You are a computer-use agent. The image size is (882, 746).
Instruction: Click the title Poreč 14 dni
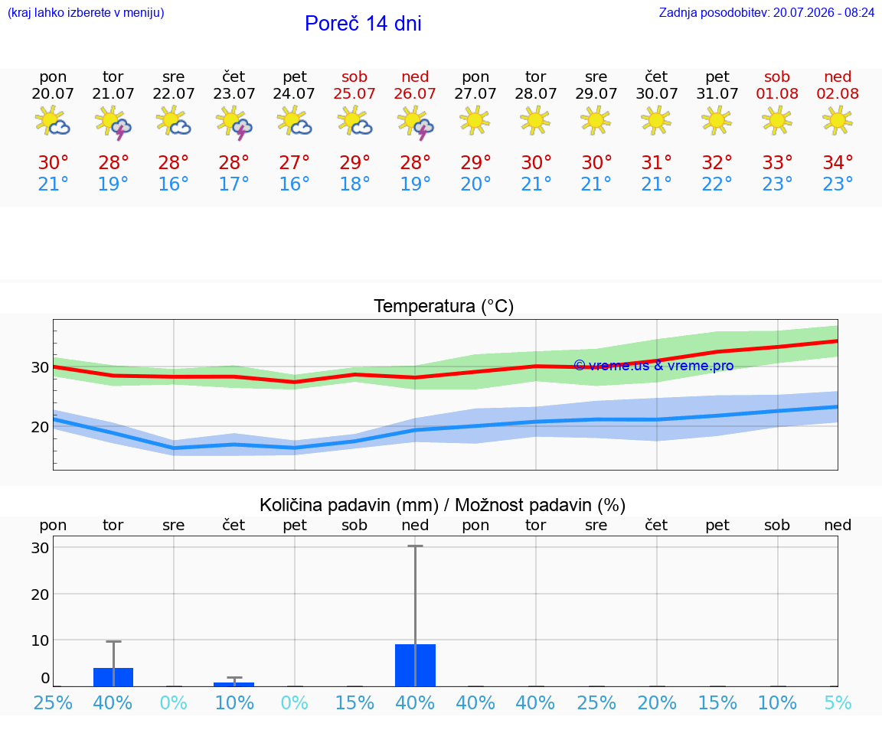363,24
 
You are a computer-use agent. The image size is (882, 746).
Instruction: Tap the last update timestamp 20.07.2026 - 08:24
824,12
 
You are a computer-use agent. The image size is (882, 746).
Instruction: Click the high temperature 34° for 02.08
838,162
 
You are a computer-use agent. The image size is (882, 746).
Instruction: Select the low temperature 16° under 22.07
173,184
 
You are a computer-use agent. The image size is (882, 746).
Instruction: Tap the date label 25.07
354,93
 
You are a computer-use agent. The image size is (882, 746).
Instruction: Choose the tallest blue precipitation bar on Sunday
415,665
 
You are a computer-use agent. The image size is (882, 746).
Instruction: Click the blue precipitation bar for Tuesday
113,677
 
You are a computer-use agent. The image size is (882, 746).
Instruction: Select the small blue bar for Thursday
234,684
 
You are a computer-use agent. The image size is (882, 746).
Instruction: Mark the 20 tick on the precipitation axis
40,595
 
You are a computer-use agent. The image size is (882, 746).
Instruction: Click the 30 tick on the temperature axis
40,367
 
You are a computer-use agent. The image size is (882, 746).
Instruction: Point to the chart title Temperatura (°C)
444,306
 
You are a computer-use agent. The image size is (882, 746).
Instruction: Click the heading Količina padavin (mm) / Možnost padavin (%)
443,505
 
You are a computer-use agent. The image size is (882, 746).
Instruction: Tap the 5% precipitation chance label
838,702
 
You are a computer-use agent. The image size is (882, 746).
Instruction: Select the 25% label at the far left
53,702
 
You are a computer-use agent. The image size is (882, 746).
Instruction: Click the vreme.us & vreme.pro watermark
654,366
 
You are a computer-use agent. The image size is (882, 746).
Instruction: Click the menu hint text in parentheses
86,12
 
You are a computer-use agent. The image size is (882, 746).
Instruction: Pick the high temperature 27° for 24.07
294,162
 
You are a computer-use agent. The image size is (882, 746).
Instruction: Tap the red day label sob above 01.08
777,77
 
